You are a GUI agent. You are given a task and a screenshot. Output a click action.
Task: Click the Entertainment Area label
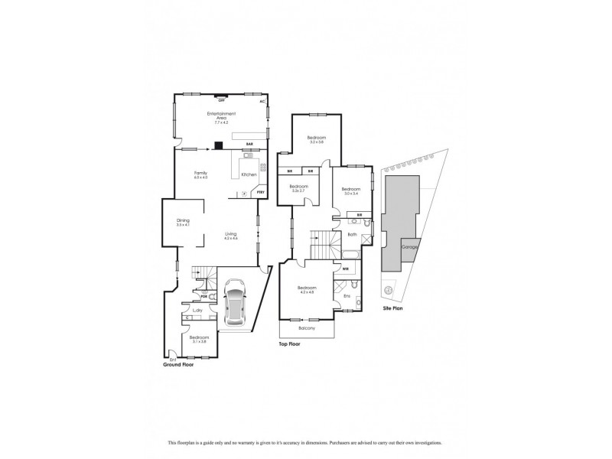[x=221, y=118]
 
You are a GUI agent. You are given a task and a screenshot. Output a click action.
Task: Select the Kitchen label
[x=249, y=175]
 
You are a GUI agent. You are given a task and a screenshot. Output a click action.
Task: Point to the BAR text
[x=249, y=144]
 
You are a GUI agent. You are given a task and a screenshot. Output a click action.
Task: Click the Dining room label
[x=182, y=223]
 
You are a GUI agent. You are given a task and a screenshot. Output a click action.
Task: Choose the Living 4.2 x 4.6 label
[x=231, y=236]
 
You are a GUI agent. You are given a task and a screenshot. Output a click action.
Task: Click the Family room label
[x=200, y=175]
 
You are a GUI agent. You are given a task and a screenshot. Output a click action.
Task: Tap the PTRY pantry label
[x=261, y=193]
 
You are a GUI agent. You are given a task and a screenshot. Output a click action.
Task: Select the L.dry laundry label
[x=197, y=310]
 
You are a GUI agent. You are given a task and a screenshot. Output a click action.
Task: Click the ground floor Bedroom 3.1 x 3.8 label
[x=199, y=338]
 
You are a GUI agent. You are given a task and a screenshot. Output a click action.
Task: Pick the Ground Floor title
[x=179, y=365]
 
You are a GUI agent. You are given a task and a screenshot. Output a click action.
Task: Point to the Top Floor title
[x=292, y=345]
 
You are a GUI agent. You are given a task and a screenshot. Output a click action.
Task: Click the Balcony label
[x=306, y=328]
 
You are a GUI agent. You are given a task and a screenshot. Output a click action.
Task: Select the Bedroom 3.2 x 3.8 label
[x=317, y=140]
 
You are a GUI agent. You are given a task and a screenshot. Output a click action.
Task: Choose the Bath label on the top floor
[x=353, y=235]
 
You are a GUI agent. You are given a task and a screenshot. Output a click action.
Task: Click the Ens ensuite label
[x=347, y=295]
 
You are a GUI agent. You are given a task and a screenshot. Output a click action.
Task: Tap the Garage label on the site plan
[x=409, y=249]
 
